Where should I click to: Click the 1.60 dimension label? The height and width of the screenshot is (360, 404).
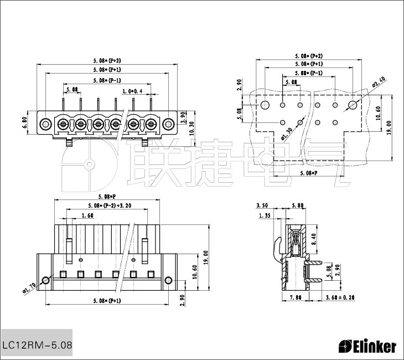87,215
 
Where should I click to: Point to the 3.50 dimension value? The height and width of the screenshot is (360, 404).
263,206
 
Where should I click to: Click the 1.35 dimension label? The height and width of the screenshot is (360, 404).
264,216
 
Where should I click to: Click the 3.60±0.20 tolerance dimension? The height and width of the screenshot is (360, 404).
340,297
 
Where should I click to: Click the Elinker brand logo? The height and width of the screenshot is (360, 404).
367,347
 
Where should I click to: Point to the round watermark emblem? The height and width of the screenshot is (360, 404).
89,164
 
